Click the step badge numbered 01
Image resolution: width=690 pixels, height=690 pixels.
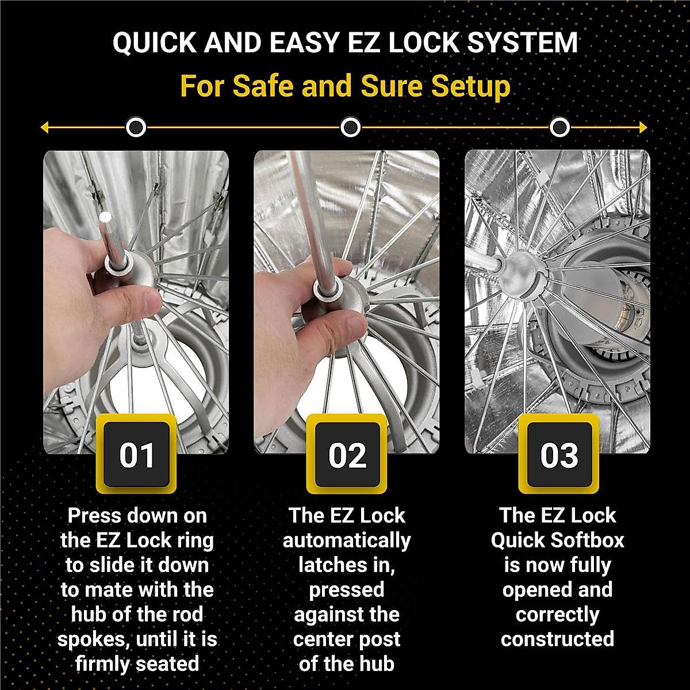click(x=137, y=454)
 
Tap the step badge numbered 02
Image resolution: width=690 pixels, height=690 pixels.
click(x=347, y=454)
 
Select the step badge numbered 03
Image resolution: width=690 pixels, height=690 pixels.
click(x=558, y=454)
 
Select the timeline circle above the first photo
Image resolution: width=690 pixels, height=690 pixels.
click(x=136, y=127)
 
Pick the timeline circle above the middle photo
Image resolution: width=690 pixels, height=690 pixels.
click(x=350, y=127)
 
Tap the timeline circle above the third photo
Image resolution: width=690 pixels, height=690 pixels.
click(x=559, y=127)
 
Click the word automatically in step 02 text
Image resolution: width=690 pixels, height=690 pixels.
click(x=347, y=540)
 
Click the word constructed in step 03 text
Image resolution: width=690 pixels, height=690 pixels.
click(x=557, y=639)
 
